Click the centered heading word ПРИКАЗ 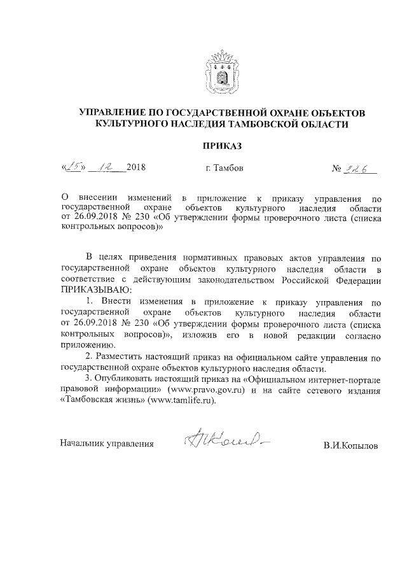[222, 146]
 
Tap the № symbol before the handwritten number [337, 169]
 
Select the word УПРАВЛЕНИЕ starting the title [112, 113]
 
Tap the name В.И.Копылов [350, 446]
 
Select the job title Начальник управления [107, 444]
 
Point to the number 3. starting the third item [89, 379]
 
